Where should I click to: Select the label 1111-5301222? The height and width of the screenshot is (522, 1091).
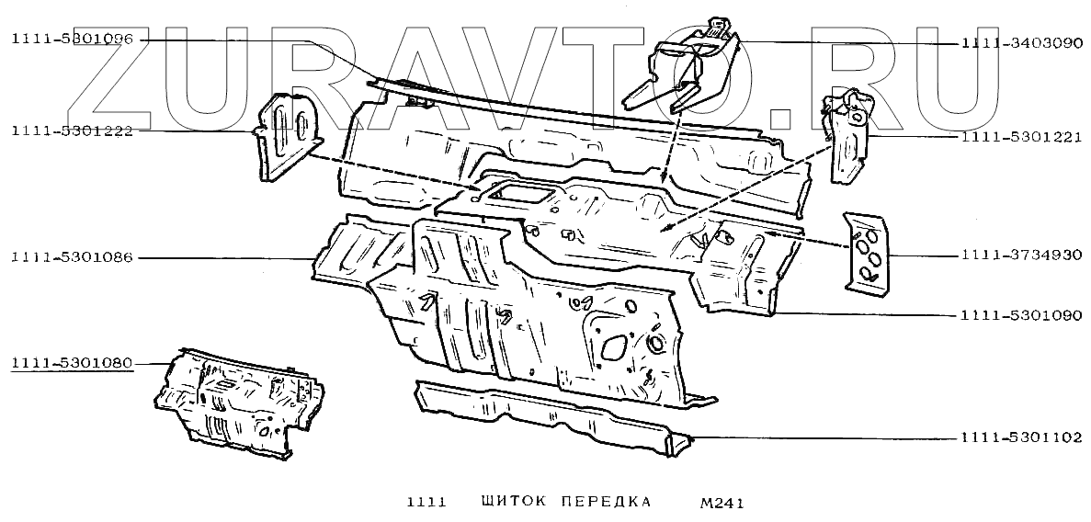pos(73,130)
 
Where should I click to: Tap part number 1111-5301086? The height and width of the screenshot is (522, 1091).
pos(73,257)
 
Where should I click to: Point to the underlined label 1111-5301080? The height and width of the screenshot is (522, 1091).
pos(73,363)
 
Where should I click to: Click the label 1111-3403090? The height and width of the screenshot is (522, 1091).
pos(1021,43)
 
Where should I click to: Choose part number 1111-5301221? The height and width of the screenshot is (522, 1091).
pos(1021,138)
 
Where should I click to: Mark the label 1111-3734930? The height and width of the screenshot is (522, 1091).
pos(1021,255)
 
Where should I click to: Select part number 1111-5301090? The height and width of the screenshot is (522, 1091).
pos(1021,314)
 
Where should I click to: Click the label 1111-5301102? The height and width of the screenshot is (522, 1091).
pos(1021,437)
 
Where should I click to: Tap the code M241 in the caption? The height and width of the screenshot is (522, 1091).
pos(722,503)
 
